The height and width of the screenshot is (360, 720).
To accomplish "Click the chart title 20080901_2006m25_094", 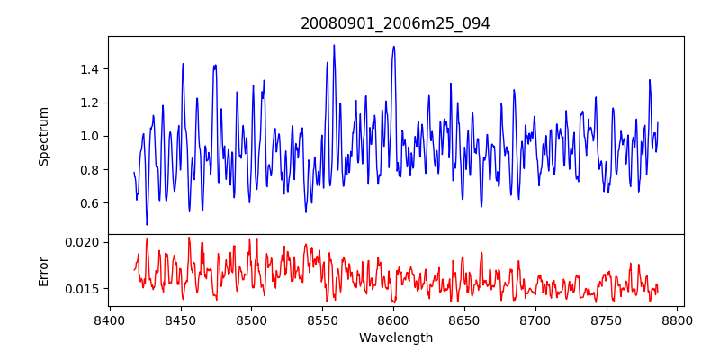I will click(x=395, y=23).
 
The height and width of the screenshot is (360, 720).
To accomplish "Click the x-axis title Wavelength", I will click(x=395, y=337).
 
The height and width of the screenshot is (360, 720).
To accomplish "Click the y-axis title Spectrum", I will click(x=43, y=136).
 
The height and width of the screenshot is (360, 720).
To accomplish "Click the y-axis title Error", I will click(x=43, y=270).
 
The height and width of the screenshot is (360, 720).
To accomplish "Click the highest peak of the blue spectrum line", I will click(x=334, y=45).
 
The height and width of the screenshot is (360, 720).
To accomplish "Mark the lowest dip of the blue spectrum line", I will click(x=147, y=225).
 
